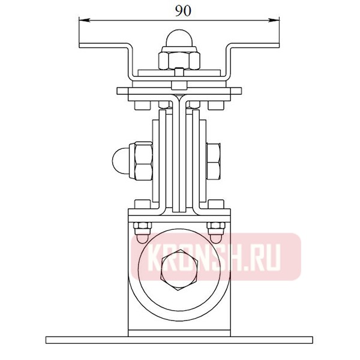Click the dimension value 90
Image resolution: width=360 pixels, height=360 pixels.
point(179,11)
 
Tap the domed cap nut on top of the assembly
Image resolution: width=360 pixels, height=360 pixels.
point(179,40)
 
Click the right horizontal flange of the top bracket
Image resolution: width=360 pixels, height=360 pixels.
point(255,46)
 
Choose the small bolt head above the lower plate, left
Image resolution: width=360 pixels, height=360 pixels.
point(142,205)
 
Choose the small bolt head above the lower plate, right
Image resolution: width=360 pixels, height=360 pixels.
point(217,205)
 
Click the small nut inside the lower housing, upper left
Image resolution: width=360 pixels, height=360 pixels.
point(143,227)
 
